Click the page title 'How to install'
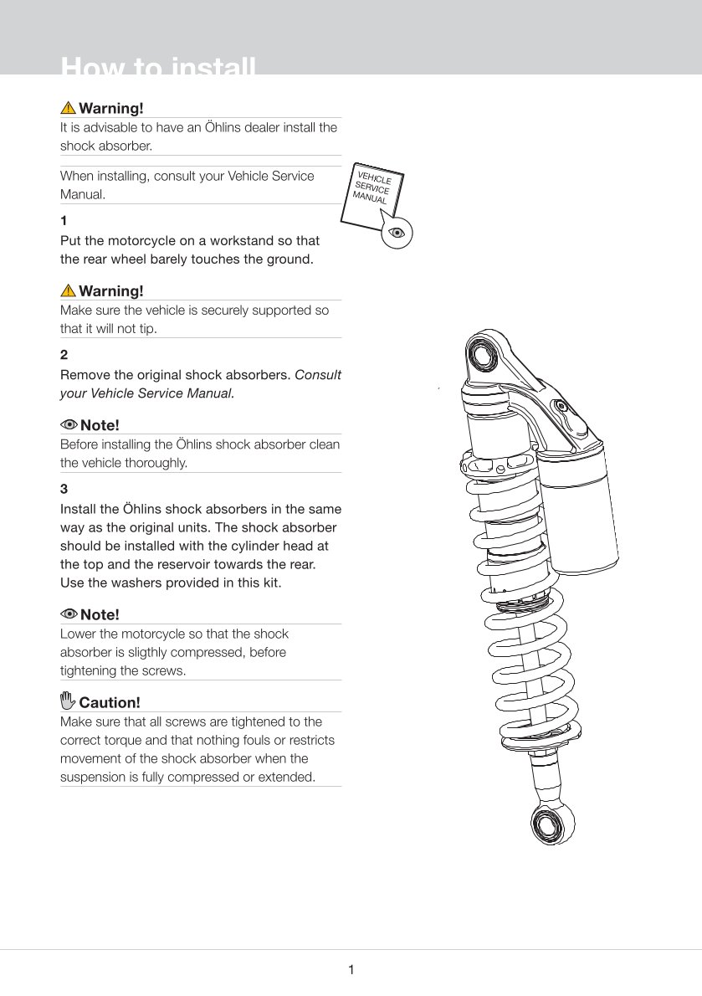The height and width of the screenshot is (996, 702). pos(158,67)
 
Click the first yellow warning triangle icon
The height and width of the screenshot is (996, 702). pos(68,108)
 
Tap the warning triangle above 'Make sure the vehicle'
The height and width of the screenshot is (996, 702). pos(68,290)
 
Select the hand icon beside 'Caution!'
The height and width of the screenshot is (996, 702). pos(68,701)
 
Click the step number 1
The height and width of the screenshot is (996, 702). pos(64,221)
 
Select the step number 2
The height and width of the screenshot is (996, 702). pos(64,355)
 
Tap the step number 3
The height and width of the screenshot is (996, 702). pos(64,488)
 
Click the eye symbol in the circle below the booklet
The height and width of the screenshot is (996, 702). pos(397,232)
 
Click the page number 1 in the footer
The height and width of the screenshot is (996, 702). pos(351,970)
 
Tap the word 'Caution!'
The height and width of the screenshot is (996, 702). pos(110,702)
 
